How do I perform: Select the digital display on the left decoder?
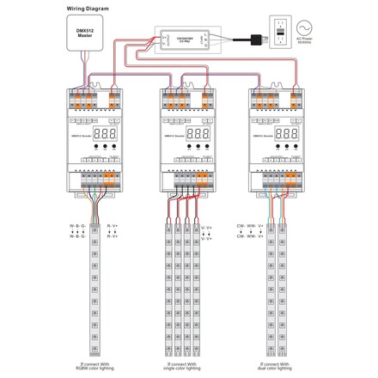click(x=103, y=135)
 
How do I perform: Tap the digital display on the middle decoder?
click(x=197, y=135)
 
